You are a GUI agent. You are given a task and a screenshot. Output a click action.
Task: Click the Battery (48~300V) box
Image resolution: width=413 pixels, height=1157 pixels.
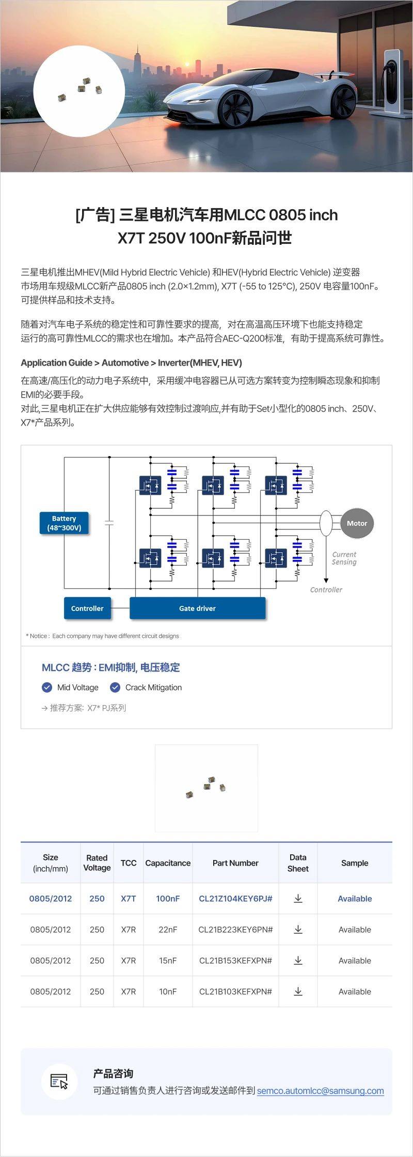click(x=64, y=523)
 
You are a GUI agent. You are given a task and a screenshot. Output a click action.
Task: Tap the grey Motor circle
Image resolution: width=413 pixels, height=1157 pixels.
click(x=357, y=523)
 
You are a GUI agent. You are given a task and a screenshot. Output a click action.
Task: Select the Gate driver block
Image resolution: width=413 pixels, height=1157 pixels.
click(x=197, y=608)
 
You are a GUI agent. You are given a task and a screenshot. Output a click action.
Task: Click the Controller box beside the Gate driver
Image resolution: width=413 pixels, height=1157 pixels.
click(x=87, y=608)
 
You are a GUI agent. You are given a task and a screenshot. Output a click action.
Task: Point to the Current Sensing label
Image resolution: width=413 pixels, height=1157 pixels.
click(x=344, y=558)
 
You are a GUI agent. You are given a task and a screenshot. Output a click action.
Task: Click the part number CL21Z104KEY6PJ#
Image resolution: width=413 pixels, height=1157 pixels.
click(x=235, y=898)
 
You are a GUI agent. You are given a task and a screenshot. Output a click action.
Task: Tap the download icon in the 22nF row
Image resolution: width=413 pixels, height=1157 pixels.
click(x=298, y=929)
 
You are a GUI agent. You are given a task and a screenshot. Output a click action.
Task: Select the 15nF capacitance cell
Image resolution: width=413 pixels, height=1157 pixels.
click(x=168, y=960)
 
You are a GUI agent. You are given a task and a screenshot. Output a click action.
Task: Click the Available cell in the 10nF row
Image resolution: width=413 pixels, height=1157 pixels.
click(x=355, y=991)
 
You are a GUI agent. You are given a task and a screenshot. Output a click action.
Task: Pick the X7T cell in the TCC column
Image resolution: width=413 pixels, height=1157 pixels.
click(x=129, y=898)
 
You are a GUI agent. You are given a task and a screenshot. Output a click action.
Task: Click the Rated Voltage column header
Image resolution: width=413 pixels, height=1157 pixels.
click(x=97, y=863)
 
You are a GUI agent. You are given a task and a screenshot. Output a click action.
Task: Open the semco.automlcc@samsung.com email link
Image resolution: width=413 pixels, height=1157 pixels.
click(x=320, y=1090)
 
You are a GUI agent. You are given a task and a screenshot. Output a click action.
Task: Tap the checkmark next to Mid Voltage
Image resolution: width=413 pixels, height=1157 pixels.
click(x=47, y=687)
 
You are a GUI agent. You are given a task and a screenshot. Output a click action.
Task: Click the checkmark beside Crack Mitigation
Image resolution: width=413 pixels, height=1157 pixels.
click(x=115, y=687)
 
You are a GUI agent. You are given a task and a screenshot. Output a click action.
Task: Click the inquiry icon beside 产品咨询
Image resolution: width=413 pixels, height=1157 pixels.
click(x=59, y=1081)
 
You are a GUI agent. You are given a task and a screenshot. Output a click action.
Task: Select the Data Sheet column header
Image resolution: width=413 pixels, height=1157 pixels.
click(x=298, y=863)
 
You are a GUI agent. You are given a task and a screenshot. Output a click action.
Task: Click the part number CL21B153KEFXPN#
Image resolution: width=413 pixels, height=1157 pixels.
click(x=235, y=960)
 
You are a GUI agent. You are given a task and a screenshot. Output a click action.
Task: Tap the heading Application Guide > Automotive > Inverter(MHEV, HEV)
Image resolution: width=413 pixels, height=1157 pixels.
click(x=131, y=363)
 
